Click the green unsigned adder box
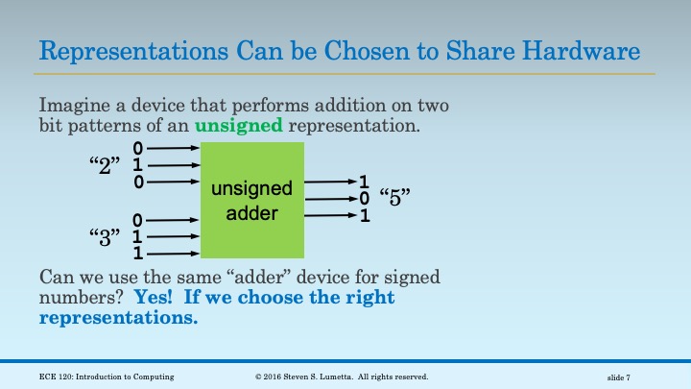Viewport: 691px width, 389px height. pyautogui.click(x=251, y=200)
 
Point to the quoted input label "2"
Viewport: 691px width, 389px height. pyautogui.click(x=103, y=166)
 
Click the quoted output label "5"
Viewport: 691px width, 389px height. pyautogui.click(x=395, y=199)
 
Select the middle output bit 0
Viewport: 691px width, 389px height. pyautogui.click(x=364, y=199)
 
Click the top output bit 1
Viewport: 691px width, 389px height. pyautogui.click(x=364, y=182)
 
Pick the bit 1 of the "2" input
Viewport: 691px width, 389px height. pyautogui.click(x=138, y=165)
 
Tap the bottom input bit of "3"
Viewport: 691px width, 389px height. pyautogui.click(x=138, y=255)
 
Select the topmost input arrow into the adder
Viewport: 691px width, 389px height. pyautogui.click(x=174, y=149)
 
